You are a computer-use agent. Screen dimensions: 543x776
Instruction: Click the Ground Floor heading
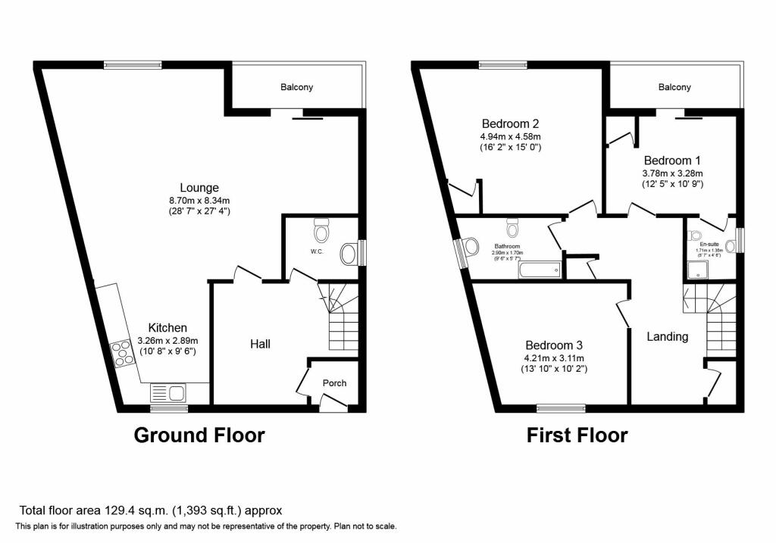[199, 435]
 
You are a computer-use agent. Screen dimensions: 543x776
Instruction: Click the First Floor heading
[577, 435]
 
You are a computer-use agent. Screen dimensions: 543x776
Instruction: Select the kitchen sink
[168, 392]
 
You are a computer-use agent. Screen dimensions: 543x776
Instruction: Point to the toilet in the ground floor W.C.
[322, 228]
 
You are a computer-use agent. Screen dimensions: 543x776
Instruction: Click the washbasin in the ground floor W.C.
[349, 253]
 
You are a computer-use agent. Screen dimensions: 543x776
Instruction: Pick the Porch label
[335, 383]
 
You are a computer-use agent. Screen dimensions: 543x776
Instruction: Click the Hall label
[261, 345]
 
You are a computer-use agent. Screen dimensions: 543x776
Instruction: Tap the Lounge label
[199, 188]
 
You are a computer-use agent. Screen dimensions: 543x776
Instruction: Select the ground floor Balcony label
[296, 88]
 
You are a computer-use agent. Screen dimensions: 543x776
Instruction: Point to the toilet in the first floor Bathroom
[513, 228]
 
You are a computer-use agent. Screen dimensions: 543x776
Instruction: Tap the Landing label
[667, 337]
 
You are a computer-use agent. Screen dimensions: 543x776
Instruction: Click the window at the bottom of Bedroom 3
[561, 408]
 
